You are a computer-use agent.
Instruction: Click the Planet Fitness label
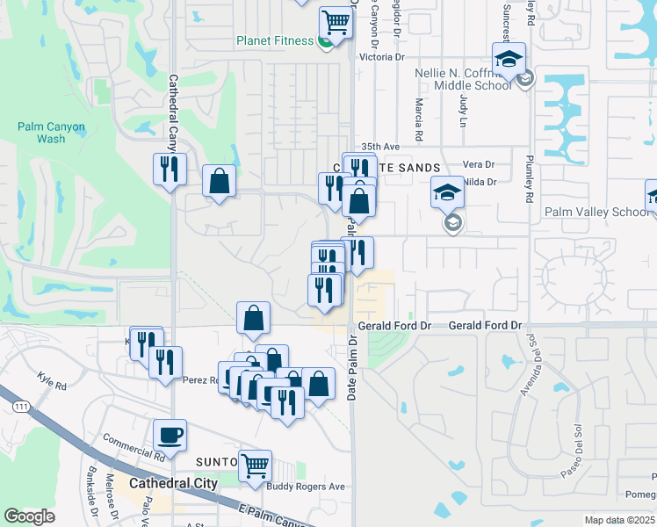click(x=274, y=40)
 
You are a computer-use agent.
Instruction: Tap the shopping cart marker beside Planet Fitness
click(x=336, y=21)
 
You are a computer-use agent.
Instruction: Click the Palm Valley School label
click(x=597, y=212)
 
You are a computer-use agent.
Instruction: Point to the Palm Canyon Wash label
click(x=52, y=133)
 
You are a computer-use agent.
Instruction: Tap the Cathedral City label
click(x=173, y=483)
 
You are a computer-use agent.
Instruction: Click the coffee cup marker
click(x=170, y=434)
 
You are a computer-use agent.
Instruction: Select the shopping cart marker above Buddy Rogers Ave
click(x=255, y=465)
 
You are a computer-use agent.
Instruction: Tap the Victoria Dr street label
click(x=381, y=57)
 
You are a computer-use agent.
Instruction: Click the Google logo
click(x=30, y=516)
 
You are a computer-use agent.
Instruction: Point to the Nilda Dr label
click(x=480, y=182)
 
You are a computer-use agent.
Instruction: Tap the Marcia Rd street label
click(x=419, y=119)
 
